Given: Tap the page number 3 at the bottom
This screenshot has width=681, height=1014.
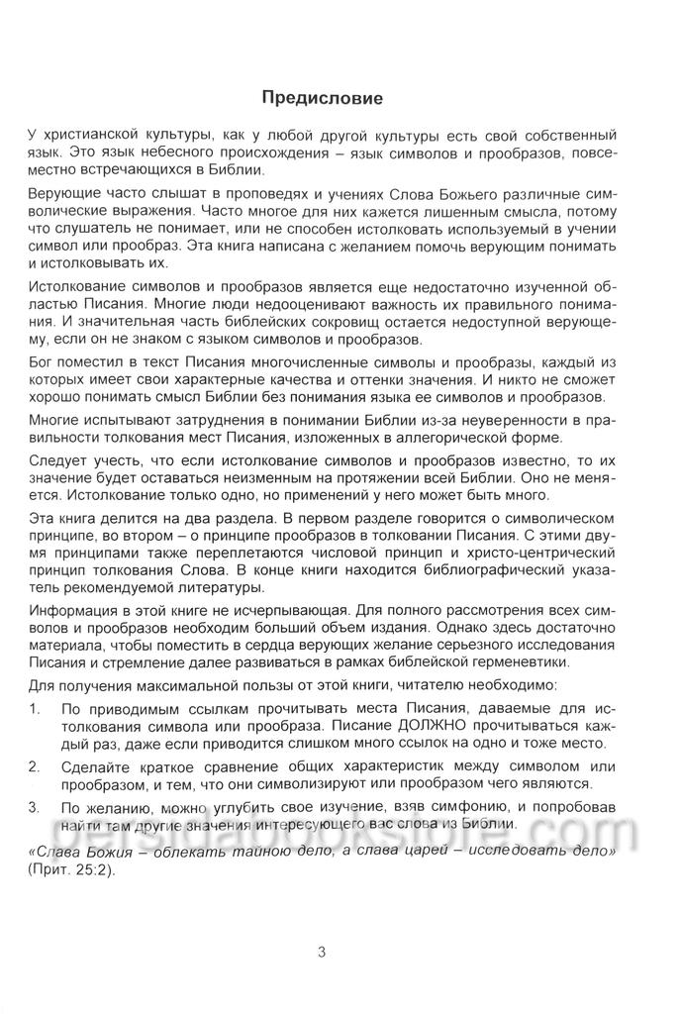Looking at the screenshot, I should [322, 953].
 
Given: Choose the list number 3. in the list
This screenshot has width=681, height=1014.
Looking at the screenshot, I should [37, 807].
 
